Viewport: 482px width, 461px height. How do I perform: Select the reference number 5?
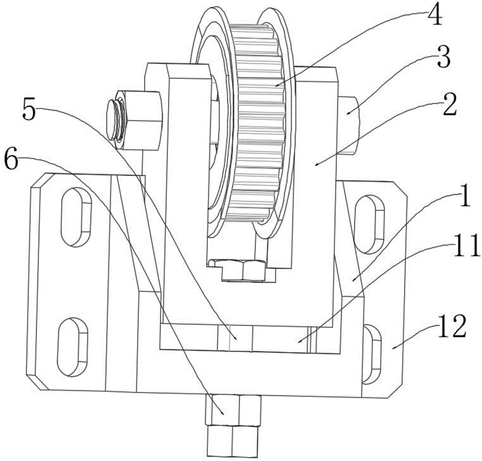point(29,110)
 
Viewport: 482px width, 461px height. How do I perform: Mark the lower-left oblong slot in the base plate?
point(73,347)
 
